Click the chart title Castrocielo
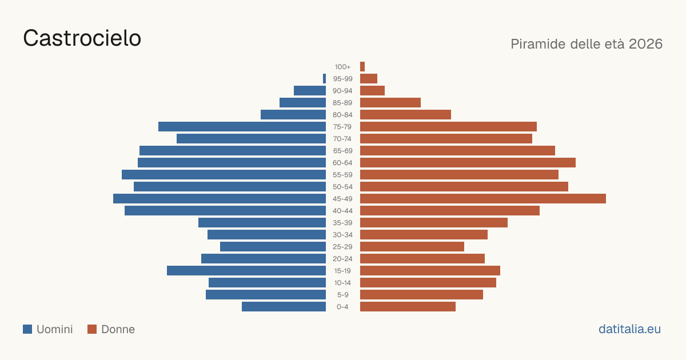pyautogui.click(x=82, y=38)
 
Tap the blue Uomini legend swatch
pyautogui.click(x=27, y=329)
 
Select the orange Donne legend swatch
pyautogui.click(x=92, y=329)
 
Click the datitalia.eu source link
pyautogui.click(x=629, y=329)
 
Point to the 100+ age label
pyautogui.click(x=342, y=67)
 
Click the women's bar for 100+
pyautogui.click(x=362, y=66)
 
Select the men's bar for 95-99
pyautogui.click(x=324, y=79)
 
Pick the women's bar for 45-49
pyautogui.click(x=483, y=199)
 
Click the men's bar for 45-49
pyautogui.click(x=220, y=199)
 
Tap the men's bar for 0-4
pyautogui.click(x=284, y=307)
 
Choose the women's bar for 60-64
pyautogui.click(x=468, y=162)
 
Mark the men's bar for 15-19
pyautogui.click(x=246, y=271)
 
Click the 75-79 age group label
pyautogui.click(x=342, y=127)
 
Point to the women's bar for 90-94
pyautogui.click(x=372, y=91)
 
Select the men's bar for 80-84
pyautogui.click(x=293, y=114)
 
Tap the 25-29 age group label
pyautogui.click(x=342, y=247)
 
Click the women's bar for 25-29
pyautogui.click(x=412, y=247)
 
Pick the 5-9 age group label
pyautogui.click(x=342, y=295)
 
